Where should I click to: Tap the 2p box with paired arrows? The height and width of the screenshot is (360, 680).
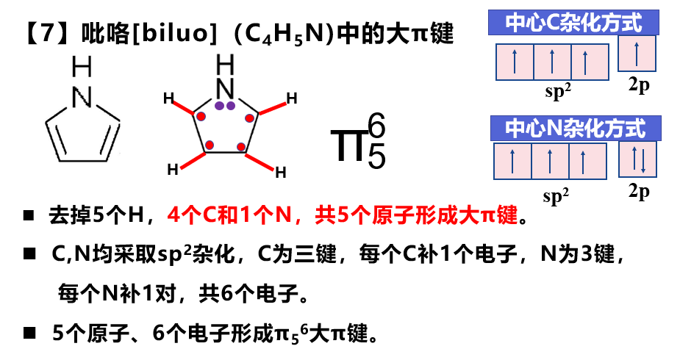(637, 159)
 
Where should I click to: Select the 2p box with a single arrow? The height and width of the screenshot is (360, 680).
(637, 54)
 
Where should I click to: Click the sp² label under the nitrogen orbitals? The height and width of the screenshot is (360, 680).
(558, 195)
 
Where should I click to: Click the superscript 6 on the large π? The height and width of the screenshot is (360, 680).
(376, 128)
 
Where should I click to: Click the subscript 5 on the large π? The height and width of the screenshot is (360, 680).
(376, 156)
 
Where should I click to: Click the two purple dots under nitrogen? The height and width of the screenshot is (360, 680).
(225, 106)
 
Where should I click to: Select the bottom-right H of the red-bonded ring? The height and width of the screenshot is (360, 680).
(280, 173)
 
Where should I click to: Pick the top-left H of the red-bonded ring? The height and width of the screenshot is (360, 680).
(168, 97)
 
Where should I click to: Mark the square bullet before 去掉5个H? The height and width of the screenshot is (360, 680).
(29, 217)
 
